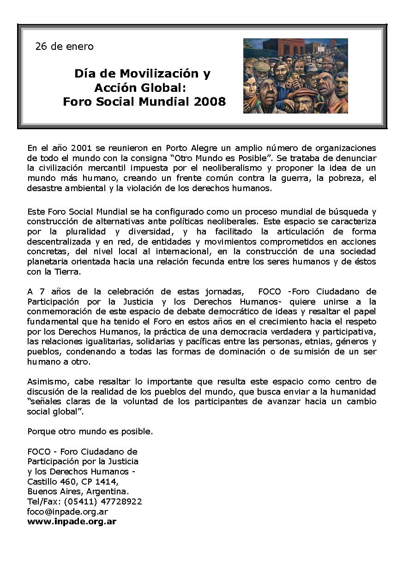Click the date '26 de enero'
pos(64,47)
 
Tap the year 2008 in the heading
pos(210,102)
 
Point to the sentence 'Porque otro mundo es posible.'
pos(90,432)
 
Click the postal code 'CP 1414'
pos(98,481)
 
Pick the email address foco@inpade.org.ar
pos(67,512)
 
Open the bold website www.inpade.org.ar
pos(72,522)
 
